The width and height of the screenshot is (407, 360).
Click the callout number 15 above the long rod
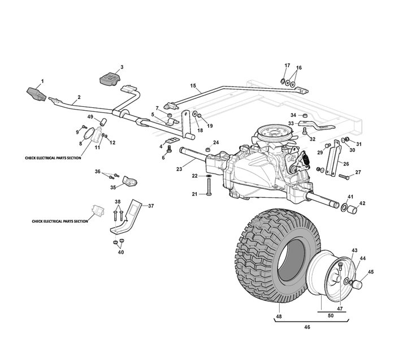pos(193,86)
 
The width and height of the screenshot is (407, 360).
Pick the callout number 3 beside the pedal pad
pos(121,67)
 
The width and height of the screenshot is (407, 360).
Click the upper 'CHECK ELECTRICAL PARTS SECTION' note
pos(53,158)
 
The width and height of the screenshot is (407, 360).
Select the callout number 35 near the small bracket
pos(113,187)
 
